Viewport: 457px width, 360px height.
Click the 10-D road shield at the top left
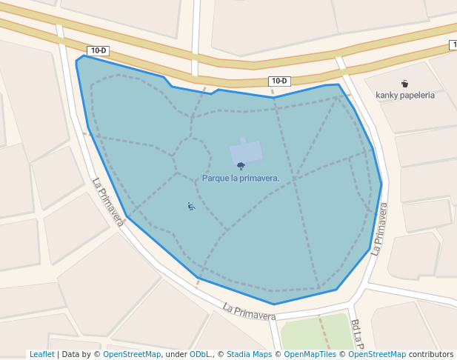tap(99, 50)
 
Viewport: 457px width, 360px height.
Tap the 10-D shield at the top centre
tap(279, 81)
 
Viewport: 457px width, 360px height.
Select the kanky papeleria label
tap(405, 95)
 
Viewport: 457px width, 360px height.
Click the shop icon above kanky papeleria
tap(404, 83)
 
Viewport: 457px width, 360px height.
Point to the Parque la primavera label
tap(241, 178)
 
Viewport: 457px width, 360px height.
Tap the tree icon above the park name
tap(241, 167)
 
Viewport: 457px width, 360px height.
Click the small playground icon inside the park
tap(190, 206)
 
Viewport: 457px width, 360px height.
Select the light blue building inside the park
tap(246, 152)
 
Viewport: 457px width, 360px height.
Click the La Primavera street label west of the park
tap(108, 202)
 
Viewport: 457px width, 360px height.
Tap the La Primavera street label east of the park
tap(379, 230)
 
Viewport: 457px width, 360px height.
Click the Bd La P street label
tap(357, 335)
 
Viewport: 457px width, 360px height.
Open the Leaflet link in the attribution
tap(41, 354)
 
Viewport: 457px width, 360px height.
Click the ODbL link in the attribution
tap(200, 354)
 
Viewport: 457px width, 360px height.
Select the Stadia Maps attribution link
tap(249, 354)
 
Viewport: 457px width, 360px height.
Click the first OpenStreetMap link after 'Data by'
tap(132, 354)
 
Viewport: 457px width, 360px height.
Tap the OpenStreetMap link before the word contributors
tap(377, 354)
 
